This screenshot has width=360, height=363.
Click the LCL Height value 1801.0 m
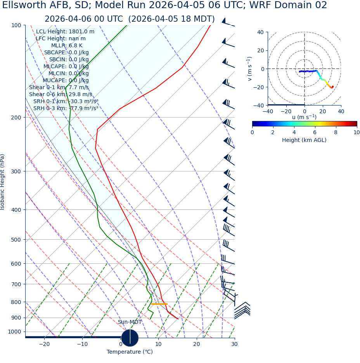click(x=81, y=32)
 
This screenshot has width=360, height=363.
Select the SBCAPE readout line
click(x=66, y=53)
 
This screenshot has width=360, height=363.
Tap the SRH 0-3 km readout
click(x=66, y=109)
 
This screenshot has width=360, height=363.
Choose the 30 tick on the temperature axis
click(x=234, y=344)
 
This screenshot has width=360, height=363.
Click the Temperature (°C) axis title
click(x=130, y=352)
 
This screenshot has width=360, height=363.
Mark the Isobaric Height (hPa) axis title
click(x=3, y=182)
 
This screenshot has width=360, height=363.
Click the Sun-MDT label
click(x=130, y=322)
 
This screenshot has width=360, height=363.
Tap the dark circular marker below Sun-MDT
click(x=130, y=338)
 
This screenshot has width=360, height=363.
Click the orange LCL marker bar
click(x=159, y=304)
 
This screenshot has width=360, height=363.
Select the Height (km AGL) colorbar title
click(x=304, y=140)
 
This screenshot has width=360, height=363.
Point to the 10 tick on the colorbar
click(x=357, y=133)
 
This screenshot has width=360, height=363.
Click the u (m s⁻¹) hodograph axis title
click(x=304, y=117)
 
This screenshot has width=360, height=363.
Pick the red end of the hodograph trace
click(x=332, y=87)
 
